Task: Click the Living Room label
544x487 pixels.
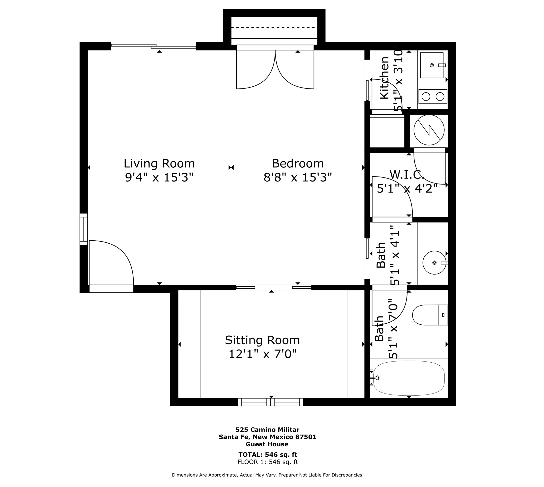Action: [x=159, y=163]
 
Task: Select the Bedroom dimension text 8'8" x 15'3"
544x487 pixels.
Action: [x=297, y=177]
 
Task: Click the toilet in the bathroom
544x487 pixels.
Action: [x=429, y=315]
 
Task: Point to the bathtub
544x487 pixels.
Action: [x=409, y=378]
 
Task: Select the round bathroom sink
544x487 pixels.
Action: [x=434, y=262]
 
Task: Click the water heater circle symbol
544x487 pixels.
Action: [x=429, y=130]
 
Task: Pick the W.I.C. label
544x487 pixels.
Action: [x=406, y=175]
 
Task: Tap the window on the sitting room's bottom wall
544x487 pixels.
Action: [x=270, y=402]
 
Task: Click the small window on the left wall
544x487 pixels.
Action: [x=84, y=229]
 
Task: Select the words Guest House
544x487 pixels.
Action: [x=267, y=444]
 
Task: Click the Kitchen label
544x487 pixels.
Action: [x=384, y=78]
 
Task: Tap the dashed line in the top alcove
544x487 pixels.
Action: [x=274, y=28]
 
